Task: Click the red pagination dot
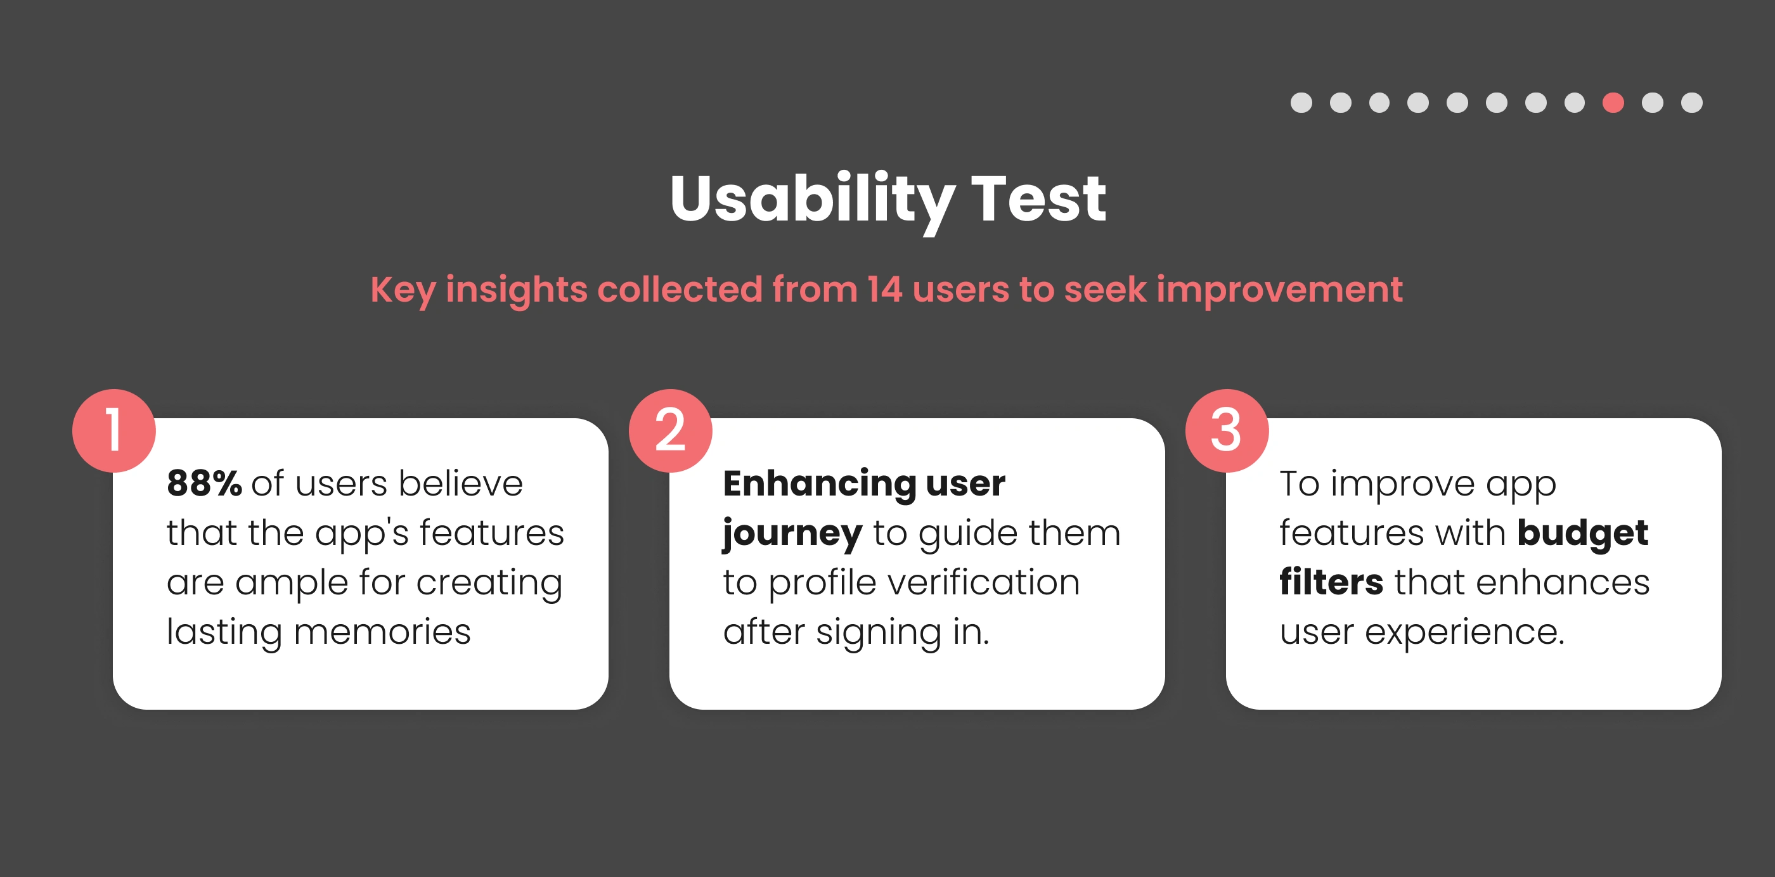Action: [x=1613, y=103]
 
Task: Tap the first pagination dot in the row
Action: [x=1301, y=103]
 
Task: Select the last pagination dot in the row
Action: [x=1691, y=103]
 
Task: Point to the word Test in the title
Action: [x=1038, y=199]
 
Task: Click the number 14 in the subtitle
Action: [x=885, y=289]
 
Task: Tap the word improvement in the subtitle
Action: [x=1279, y=290]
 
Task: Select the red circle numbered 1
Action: [x=113, y=430]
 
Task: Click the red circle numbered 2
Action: [x=671, y=430]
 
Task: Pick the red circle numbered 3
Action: [x=1227, y=430]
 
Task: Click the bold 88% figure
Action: [x=204, y=483]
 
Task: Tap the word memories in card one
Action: [x=382, y=632]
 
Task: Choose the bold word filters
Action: [x=1331, y=582]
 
